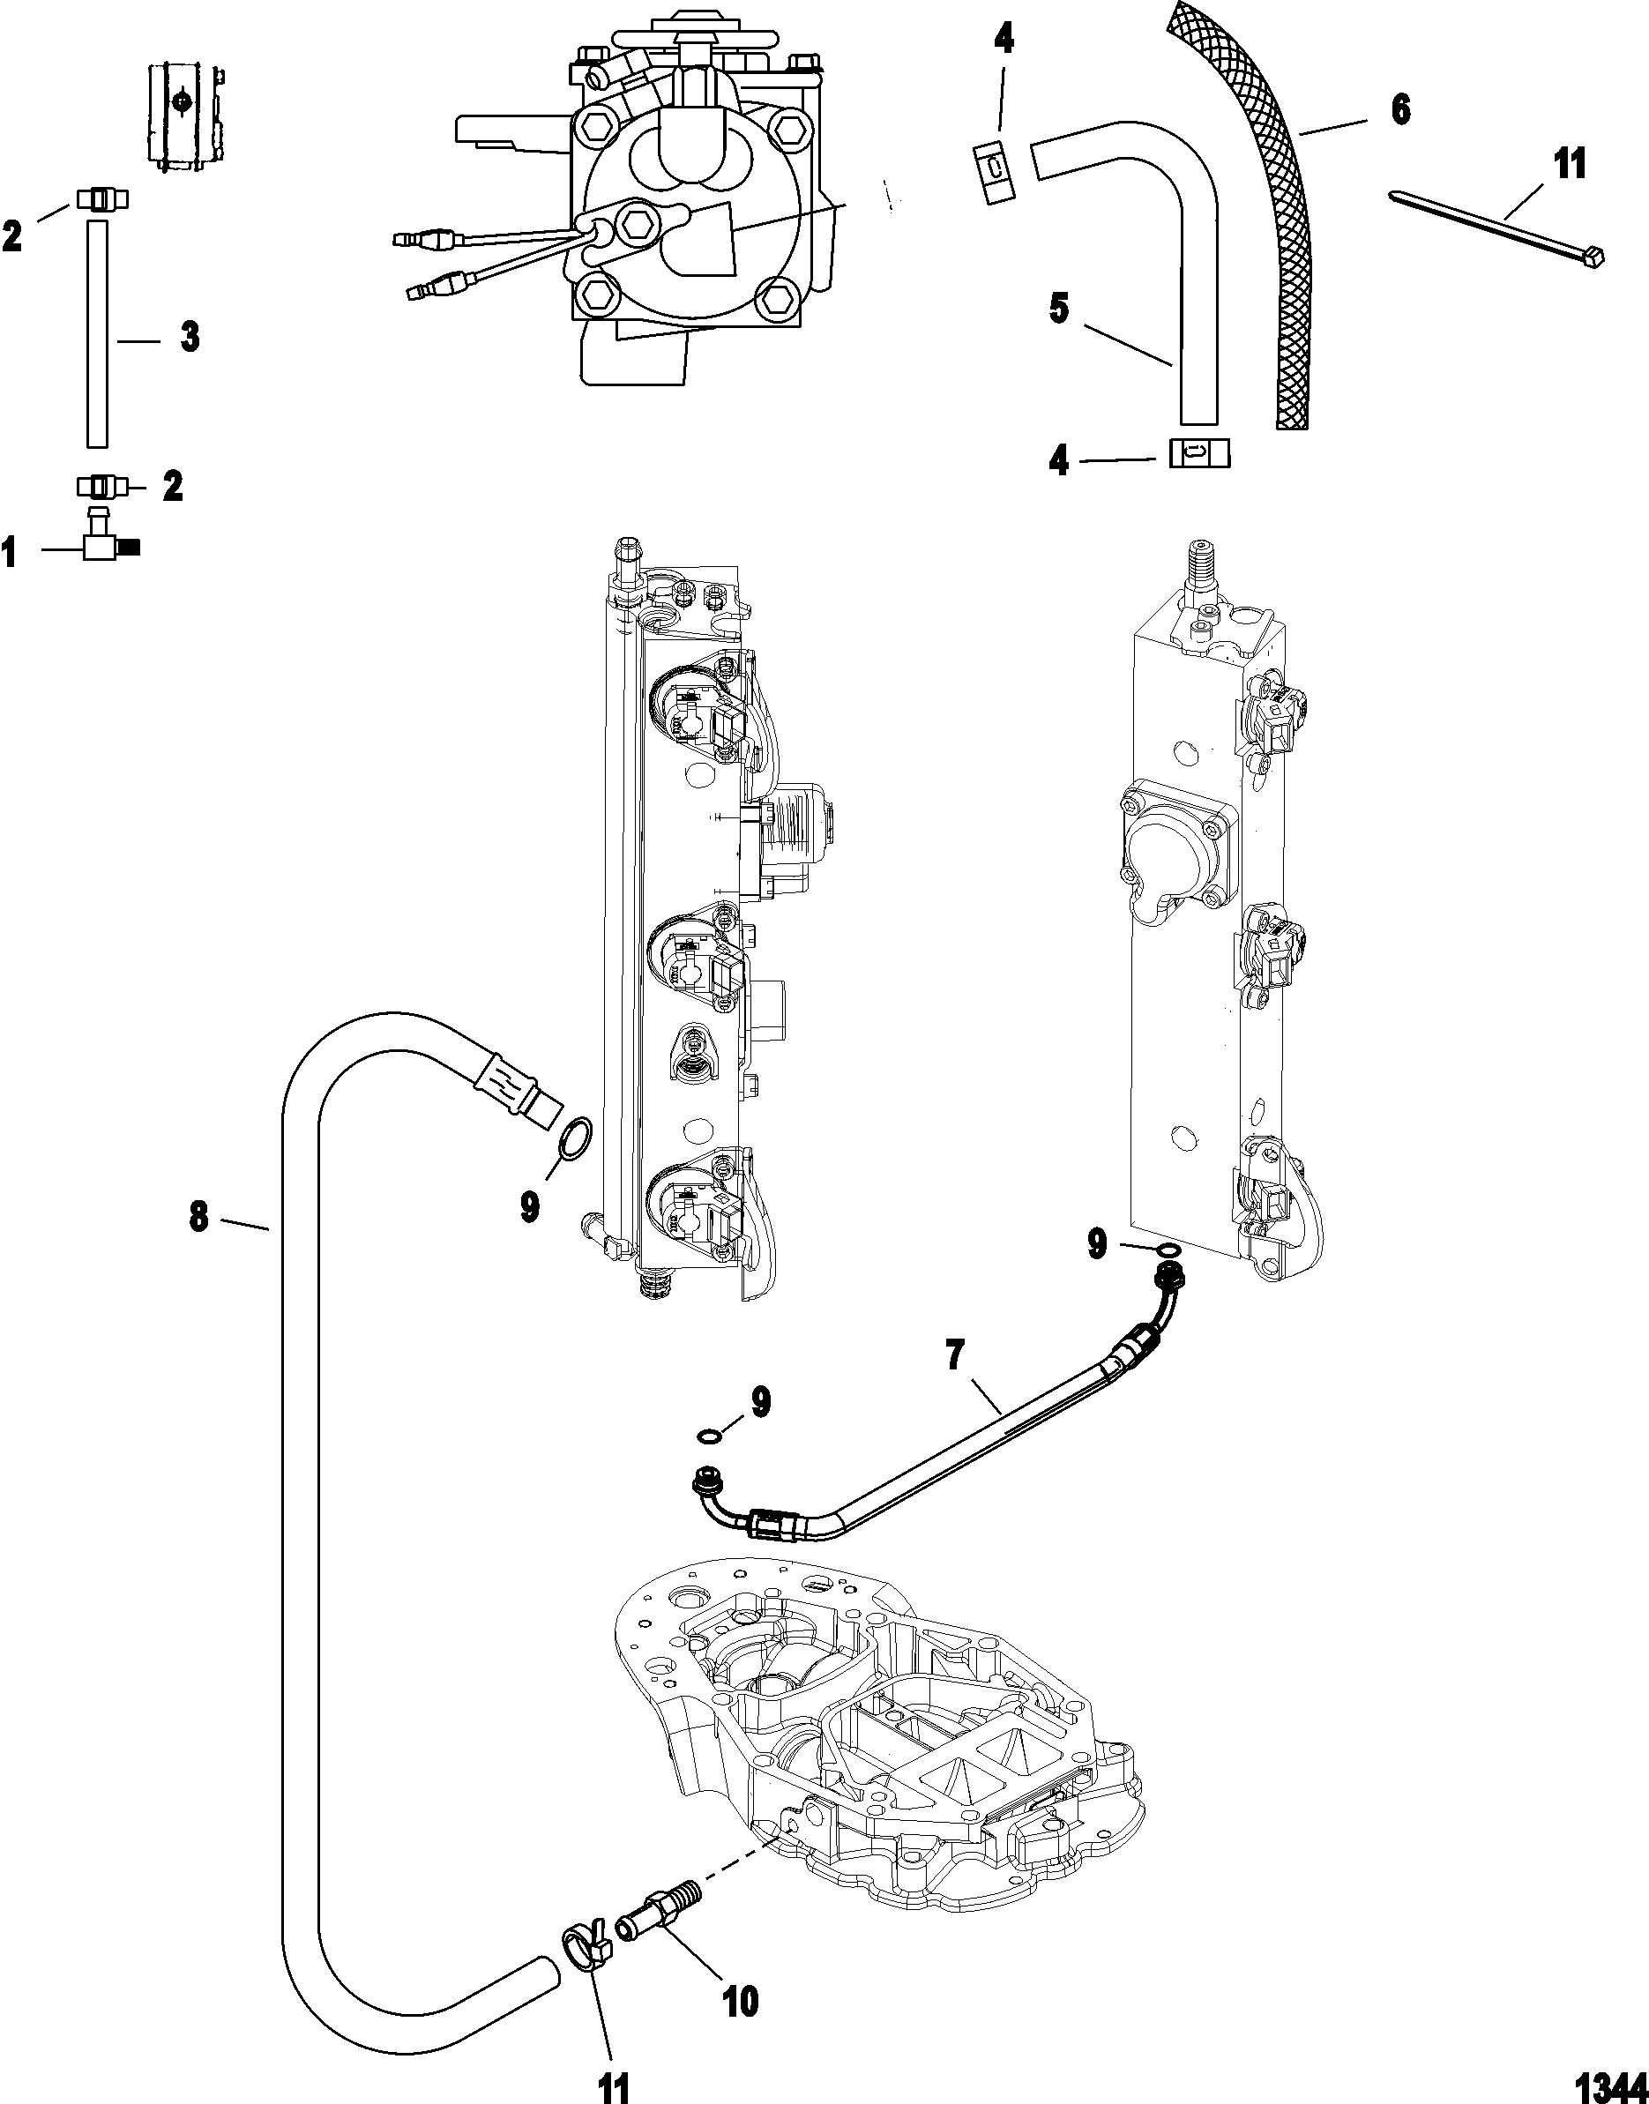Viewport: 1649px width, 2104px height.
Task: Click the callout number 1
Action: (x=11, y=553)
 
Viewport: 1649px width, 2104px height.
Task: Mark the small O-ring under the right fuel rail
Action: (x=1168, y=1252)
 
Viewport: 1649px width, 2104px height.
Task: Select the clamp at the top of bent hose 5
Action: (x=993, y=172)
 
